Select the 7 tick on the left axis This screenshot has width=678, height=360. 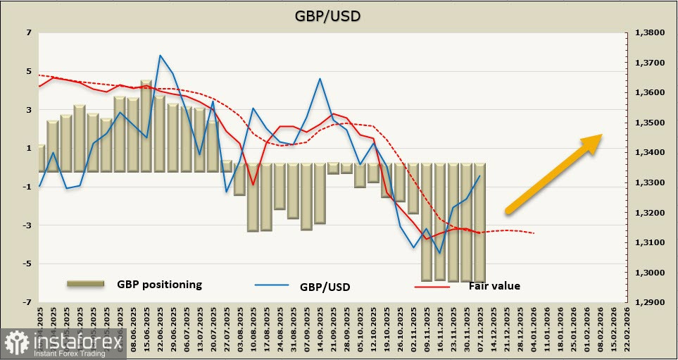click(x=29, y=32)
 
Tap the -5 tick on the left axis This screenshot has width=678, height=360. click(x=27, y=263)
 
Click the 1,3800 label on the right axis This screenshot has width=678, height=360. click(x=650, y=32)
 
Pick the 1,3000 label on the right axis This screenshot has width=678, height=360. click(x=650, y=273)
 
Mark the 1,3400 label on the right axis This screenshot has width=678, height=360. click(x=650, y=153)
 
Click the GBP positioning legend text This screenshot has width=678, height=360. click(x=159, y=285)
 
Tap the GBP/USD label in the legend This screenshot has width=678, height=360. click(x=325, y=287)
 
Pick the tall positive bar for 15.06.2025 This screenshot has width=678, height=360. click(x=146, y=127)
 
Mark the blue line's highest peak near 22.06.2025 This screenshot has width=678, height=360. click(x=160, y=55)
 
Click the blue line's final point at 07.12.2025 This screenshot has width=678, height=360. click(x=480, y=176)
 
